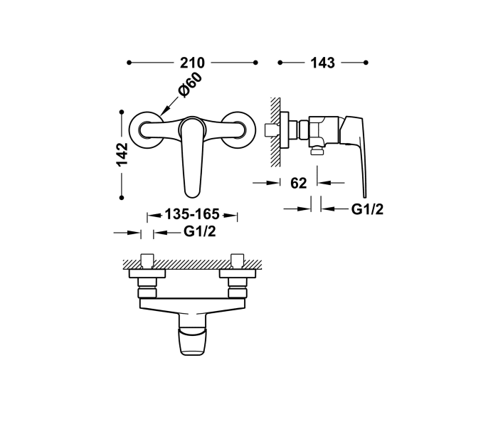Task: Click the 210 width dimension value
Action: tap(192, 63)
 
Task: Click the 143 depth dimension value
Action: tap(322, 63)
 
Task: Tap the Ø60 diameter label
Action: tap(191, 85)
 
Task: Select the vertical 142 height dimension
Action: tap(122, 154)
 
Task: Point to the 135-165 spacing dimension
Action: tap(191, 214)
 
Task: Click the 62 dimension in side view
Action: tap(299, 183)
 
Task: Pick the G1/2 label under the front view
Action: tap(199, 231)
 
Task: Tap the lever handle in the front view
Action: tap(192, 160)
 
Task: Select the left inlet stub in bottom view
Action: tap(149, 260)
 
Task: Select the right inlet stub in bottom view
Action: tap(236, 260)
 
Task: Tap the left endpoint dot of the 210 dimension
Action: tap(129, 63)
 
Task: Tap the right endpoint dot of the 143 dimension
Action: tap(367, 63)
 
